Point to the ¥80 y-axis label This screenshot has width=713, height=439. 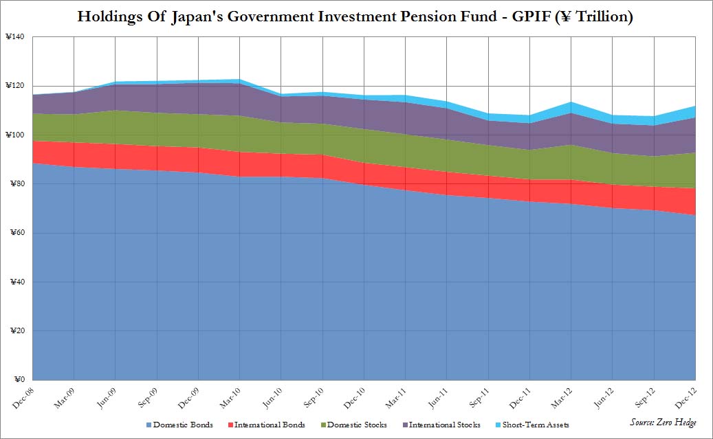tap(17, 183)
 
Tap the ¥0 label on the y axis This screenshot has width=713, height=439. tap(19, 380)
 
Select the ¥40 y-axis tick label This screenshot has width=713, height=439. tap(17, 282)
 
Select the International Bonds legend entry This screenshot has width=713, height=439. tap(269, 425)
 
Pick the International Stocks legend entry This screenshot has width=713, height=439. tap(444, 425)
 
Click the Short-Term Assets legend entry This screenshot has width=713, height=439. tap(534, 425)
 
